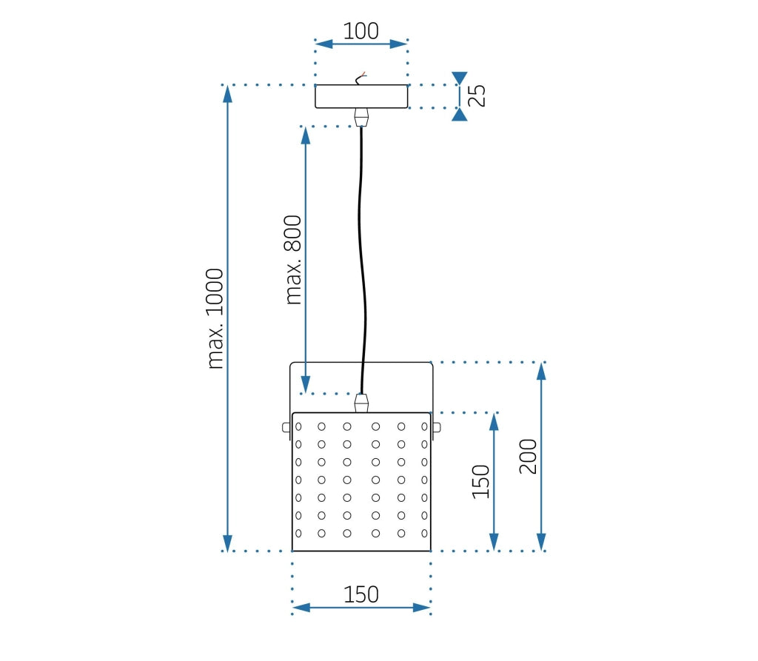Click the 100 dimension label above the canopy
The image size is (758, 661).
pos(361,31)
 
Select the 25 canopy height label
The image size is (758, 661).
pos(479,96)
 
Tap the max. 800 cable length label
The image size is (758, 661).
pos(294,260)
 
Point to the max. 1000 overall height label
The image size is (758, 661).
pos(215,318)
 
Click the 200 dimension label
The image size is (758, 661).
pos(528,456)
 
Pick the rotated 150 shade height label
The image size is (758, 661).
pos(481,482)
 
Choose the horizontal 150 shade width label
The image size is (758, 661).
pos(361,594)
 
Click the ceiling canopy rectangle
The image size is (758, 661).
pos(361,97)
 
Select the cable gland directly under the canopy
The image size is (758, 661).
pos(361,117)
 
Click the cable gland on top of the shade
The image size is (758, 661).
pos(361,403)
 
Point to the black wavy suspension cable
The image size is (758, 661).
pos(363,259)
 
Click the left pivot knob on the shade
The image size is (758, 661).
pos(286,427)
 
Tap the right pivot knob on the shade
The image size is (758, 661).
pos(437,427)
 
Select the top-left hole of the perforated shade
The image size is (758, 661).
pos(299,426)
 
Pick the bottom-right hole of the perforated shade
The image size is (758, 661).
pos(424,533)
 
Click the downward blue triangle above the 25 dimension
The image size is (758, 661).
pos(460,78)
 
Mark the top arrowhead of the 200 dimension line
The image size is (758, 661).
pos(541,370)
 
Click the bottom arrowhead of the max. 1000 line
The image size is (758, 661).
pos(228,543)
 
